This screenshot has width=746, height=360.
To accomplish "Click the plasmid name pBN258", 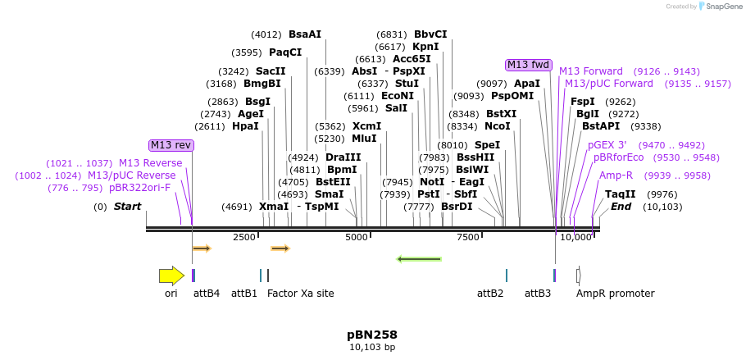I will [x=372, y=335].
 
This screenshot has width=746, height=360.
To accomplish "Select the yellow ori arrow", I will [x=171, y=276].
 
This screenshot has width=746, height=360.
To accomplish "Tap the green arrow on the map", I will [x=419, y=259].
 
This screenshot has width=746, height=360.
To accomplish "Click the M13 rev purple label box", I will [x=171, y=145].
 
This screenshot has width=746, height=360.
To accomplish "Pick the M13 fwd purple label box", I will [x=529, y=65].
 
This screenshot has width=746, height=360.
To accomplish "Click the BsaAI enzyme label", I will [x=305, y=34].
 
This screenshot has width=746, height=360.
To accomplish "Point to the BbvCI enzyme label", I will [x=430, y=34].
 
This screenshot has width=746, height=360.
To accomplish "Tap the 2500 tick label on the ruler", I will [x=244, y=238].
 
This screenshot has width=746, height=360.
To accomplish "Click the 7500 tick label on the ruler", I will [x=467, y=238].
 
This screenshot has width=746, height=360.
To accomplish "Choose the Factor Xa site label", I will [x=301, y=293].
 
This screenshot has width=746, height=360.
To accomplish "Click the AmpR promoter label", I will [x=615, y=293].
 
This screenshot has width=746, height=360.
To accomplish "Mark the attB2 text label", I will [x=490, y=293].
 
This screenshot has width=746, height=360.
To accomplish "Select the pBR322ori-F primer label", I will [x=139, y=188].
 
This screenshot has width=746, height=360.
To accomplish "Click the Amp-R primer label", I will [x=616, y=175].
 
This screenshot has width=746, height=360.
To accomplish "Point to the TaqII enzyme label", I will [x=620, y=194].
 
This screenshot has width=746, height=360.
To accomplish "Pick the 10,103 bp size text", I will [x=372, y=347].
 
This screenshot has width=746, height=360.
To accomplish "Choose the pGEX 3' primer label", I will [x=607, y=145].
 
